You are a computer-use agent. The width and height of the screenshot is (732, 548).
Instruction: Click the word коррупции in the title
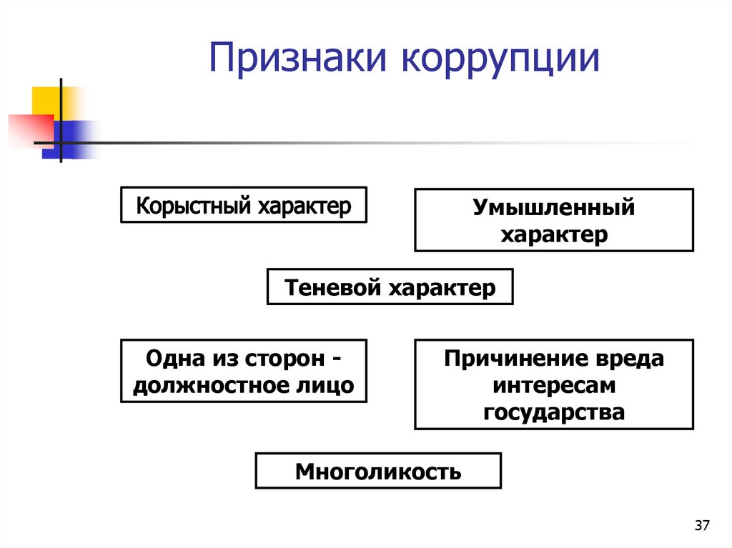(x=500, y=59)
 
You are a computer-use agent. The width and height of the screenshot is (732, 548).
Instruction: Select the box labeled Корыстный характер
(x=244, y=205)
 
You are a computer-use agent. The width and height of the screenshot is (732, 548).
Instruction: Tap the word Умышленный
(x=553, y=208)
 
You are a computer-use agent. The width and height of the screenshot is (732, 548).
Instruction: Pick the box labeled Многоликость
(x=378, y=472)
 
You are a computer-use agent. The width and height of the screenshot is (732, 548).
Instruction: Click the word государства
(x=554, y=412)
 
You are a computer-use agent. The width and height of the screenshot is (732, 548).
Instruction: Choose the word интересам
(x=554, y=385)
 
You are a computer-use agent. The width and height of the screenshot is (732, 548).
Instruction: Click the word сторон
(x=271, y=358)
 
